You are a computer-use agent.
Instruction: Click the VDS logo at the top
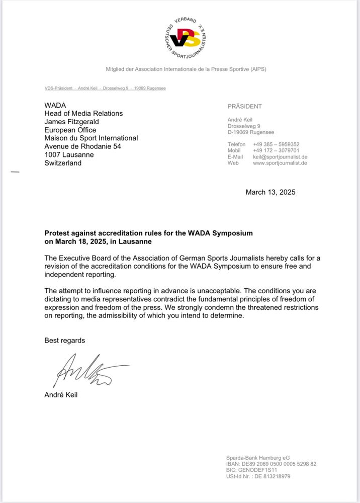[x=186, y=38]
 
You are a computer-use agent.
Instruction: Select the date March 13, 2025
[x=271, y=192]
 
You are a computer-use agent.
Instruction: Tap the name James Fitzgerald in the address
[x=71, y=122]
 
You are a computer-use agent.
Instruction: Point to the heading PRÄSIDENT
[x=244, y=107]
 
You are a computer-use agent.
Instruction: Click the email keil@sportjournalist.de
[x=280, y=157]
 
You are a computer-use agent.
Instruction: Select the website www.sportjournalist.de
[x=280, y=163]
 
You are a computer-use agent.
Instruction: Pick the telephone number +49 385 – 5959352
[x=276, y=144]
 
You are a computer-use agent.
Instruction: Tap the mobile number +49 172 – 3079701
[x=276, y=150]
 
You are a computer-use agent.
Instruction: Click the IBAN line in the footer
[x=271, y=464]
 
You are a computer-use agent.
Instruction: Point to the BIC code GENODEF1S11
[x=251, y=470]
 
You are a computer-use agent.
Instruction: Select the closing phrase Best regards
[x=65, y=341]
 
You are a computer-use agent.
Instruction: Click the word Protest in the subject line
[x=57, y=233]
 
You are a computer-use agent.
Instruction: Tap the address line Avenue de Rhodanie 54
[x=82, y=146]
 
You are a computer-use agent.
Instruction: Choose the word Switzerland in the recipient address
[x=63, y=163]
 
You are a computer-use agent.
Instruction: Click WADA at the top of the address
[x=55, y=105]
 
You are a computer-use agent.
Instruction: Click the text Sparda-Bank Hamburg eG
[x=257, y=458]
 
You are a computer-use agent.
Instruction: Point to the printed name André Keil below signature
[x=61, y=395]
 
